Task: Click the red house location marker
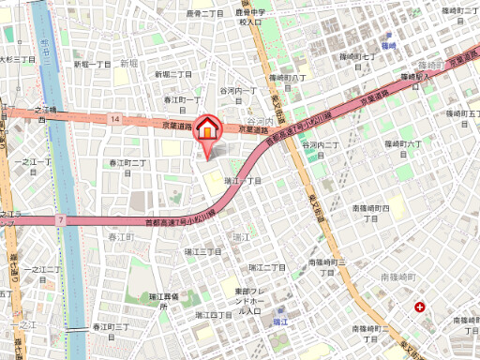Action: [x=207, y=127]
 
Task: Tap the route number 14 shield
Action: [x=113, y=120]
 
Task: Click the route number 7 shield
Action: [x=60, y=219]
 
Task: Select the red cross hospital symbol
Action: [x=420, y=307]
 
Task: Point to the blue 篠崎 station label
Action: [x=389, y=45]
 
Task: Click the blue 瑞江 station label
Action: [x=279, y=322]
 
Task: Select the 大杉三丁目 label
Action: [x=17, y=58]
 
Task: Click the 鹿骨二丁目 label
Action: [x=204, y=14]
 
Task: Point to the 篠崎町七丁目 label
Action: [x=358, y=57]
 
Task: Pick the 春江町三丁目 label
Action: [x=112, y=326]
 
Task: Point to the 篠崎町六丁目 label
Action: [x=404, y=143]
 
